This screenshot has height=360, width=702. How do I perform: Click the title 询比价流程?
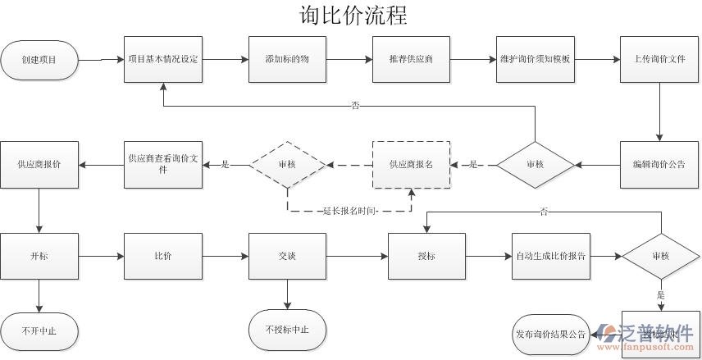(x=353, y=15)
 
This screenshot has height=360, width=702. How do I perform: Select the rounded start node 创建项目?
(x=39, y=60)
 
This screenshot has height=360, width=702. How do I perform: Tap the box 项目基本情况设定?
(x=163, y=60)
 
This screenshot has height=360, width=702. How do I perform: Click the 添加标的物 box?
(x=287, y=60)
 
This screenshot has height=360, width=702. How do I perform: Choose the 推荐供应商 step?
(x=411, y=60)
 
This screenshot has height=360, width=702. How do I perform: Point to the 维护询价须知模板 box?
(x=535, y=60)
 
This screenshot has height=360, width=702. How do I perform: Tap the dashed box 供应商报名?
(x=411, y=165)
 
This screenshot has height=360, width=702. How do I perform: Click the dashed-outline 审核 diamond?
(x=287, y=165)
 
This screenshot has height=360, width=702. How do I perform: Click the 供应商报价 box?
(x=39, y=165)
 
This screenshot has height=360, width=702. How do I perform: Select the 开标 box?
(x=39, y=257)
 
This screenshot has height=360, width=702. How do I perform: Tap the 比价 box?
(x=163, y=257)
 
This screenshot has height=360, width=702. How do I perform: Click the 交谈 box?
(x=287, y=257)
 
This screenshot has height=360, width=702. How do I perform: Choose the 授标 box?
(x=426, y=257)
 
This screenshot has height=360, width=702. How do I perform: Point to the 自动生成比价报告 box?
(x=550, y=257)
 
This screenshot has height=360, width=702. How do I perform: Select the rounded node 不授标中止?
(x=287, y=330)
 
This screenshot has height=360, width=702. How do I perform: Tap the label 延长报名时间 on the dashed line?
(x=350, y=212)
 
